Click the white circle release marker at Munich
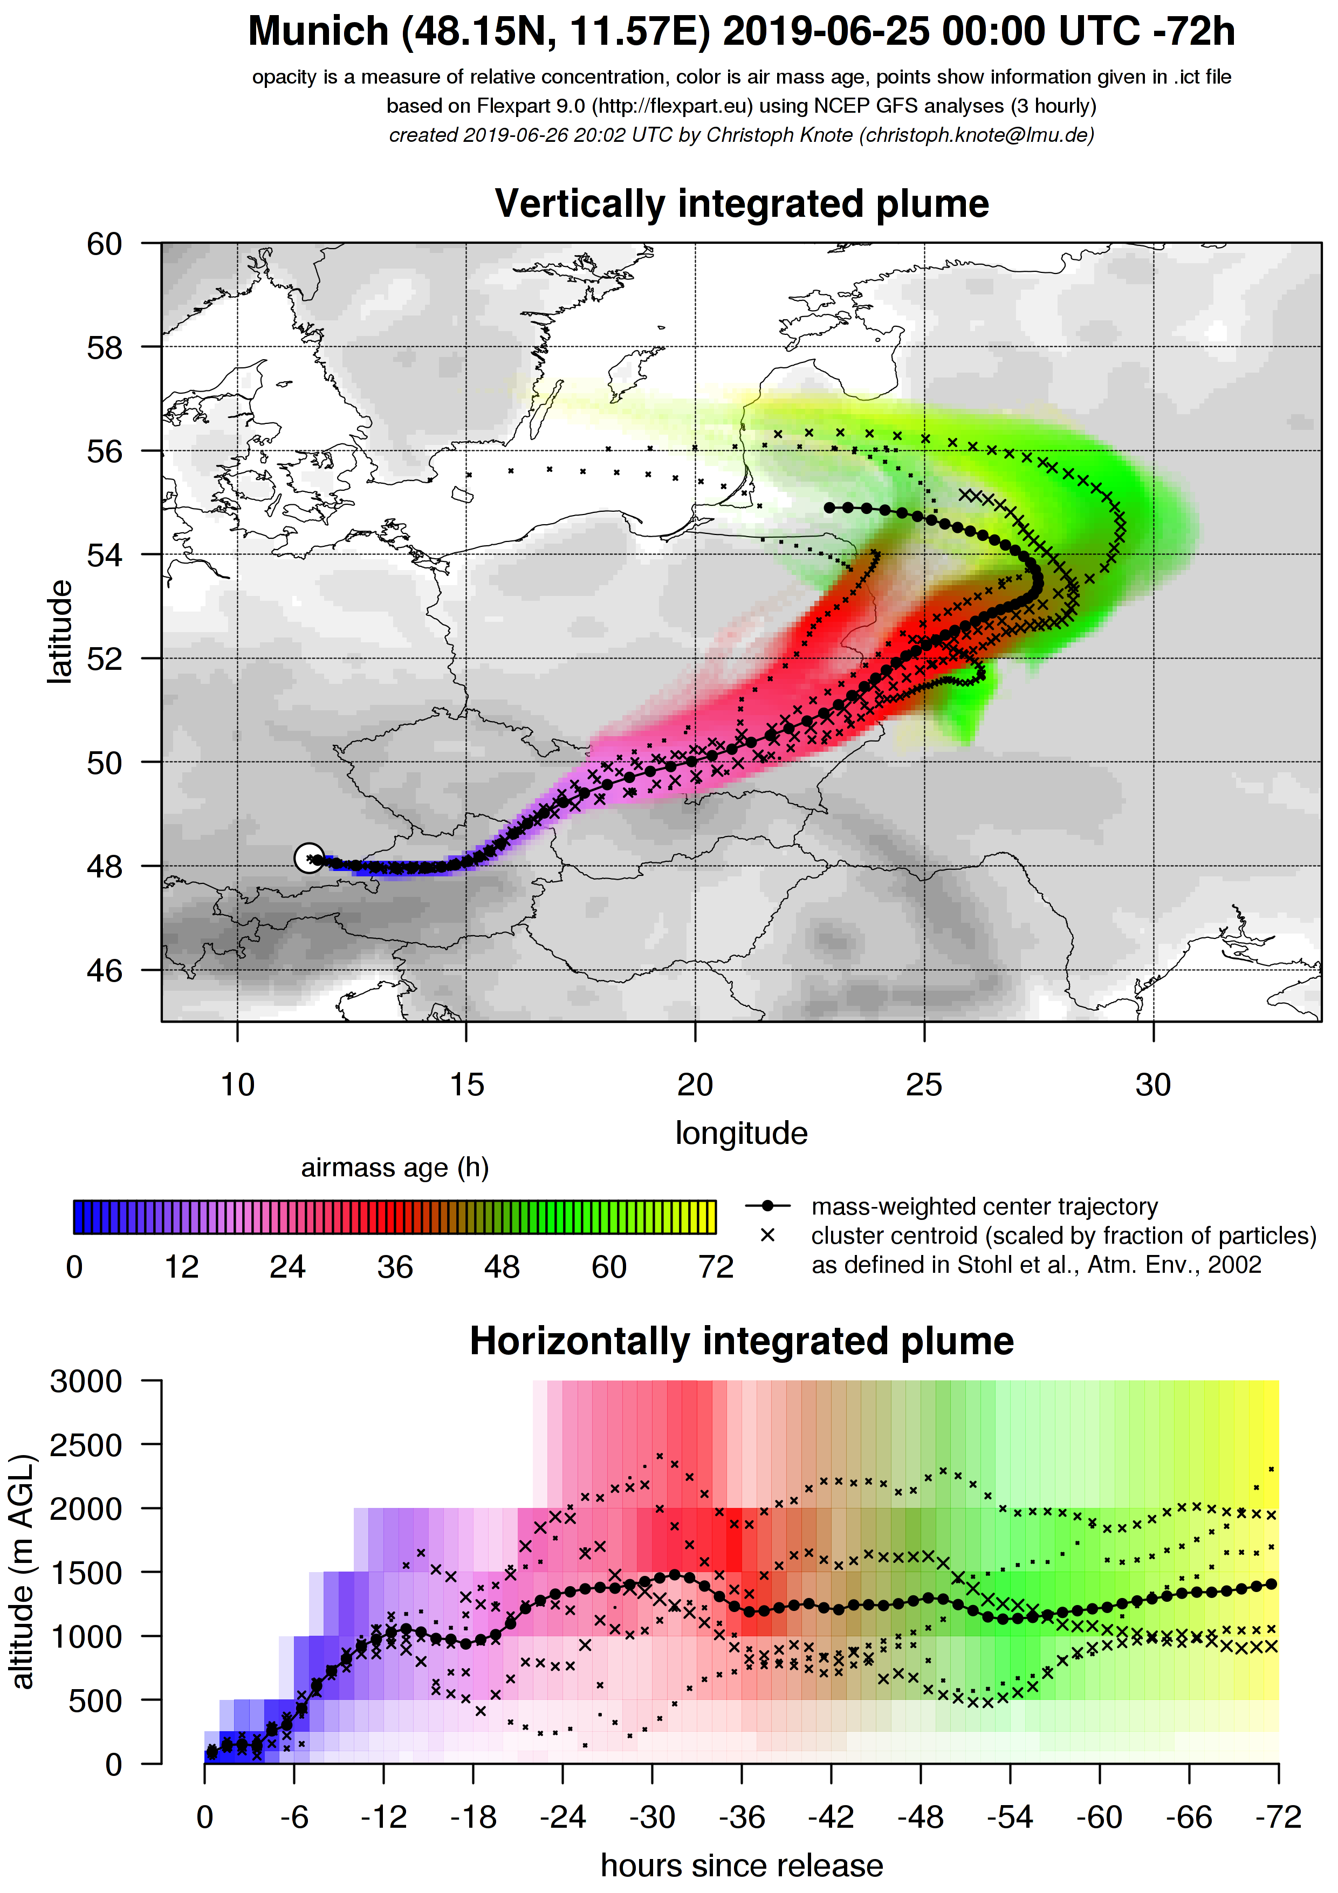coord(309,858)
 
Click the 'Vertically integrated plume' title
coord(741,204)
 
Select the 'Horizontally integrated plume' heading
coord(741,1341)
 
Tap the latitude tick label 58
coord(105,348)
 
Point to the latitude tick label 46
coord(105,970)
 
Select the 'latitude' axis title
coord(59,633)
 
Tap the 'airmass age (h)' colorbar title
coord(395,1168)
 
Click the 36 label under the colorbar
coord(395,1267)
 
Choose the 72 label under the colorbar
coord(716,1267)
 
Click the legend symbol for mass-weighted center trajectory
coord(767,1206)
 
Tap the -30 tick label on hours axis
coord(652,1817)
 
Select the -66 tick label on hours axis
coord(1189,1817)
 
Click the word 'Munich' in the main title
coord(318,31)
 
